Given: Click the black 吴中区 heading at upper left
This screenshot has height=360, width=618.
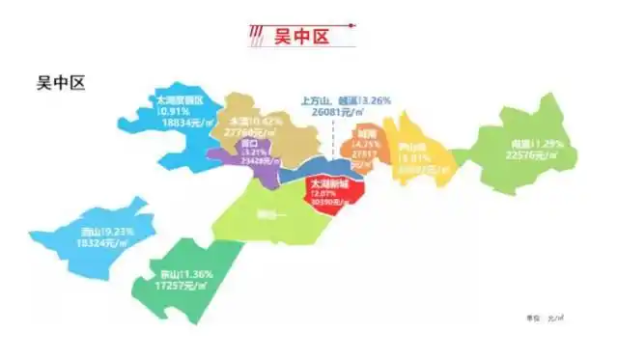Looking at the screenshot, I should (61, 83).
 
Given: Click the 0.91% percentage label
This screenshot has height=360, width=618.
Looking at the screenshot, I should (173, 111).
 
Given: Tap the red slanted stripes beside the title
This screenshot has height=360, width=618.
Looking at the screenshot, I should (256, 37).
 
